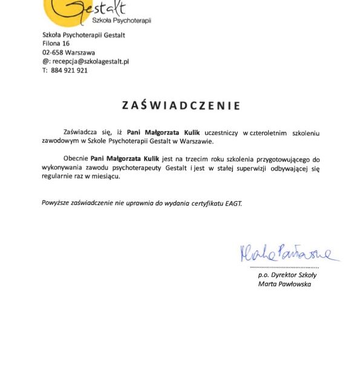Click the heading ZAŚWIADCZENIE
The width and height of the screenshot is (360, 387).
tap(181, 105)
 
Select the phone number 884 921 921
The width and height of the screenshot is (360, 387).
tap(69, 70)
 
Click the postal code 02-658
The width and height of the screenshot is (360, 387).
tap(53, 53)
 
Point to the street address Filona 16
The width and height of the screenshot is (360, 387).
tap(56, 44)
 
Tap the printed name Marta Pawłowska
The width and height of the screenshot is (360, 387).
tap(284, 284)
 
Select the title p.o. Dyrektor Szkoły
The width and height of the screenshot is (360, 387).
tap(287, 275)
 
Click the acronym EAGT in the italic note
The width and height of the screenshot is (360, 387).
tap(233, 203)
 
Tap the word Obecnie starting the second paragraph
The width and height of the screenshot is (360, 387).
tap(76, 158)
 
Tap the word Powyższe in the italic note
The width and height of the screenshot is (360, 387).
tap(55, 203)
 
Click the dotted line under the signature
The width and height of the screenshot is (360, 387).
tap(284, 266)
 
